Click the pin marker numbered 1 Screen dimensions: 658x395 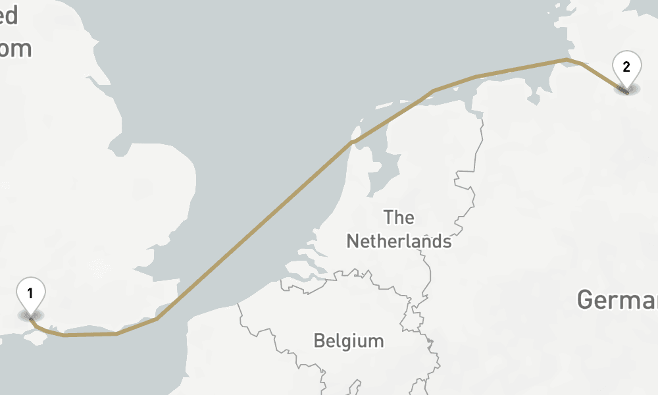pos(30,292)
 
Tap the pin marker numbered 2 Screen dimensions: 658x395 pos(626,67)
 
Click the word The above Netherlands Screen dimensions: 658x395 pos(399,217)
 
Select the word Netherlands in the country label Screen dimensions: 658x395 pos(399,241)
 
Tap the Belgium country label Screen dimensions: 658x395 pos(348,341)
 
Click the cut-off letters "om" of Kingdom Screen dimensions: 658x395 pos(16,49)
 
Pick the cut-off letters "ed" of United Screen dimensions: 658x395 pos(9,16)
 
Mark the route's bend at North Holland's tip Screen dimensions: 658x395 pos(353,142)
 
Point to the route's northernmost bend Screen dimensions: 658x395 pos(566,60)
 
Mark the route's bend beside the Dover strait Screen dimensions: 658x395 pos(157,319)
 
